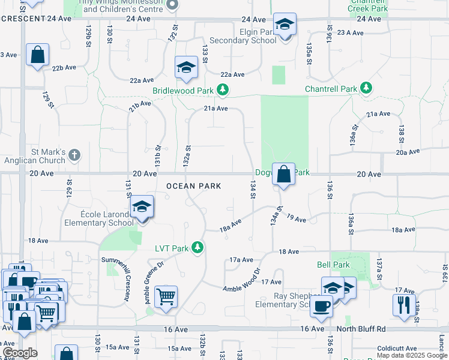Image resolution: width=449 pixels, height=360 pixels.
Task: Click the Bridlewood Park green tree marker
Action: click(223, 90)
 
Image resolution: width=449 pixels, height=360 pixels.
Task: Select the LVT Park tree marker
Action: click(196, 247)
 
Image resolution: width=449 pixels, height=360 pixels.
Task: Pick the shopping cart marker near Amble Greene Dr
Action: click(166, 296)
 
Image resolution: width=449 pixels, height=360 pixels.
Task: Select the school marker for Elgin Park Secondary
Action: click(285, 25)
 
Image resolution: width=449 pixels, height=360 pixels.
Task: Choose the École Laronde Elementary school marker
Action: click(142, 208)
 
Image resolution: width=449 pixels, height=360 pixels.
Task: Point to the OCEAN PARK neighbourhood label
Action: click(194, 186)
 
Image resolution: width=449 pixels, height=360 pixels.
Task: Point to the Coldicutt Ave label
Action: click(397, 349)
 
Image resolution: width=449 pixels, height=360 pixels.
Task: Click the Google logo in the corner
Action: click(19, 353)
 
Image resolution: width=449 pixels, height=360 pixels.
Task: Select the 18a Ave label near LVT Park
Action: click(231, 224)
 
